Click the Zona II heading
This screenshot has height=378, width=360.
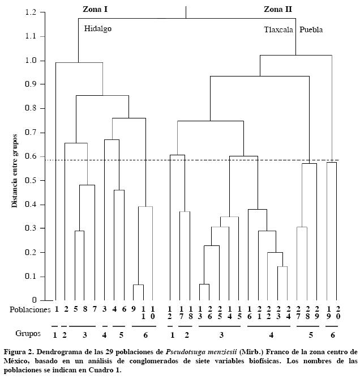pos(278,9)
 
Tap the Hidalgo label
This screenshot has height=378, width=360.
pos(98,28)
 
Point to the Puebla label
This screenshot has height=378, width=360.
pos(311,30)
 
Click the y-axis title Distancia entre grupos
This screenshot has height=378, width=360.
pos(15,170)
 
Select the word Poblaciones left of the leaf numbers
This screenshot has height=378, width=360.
pos(30,309)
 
